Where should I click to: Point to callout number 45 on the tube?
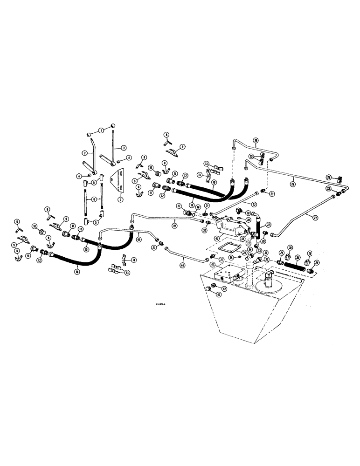coord(138,240)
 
